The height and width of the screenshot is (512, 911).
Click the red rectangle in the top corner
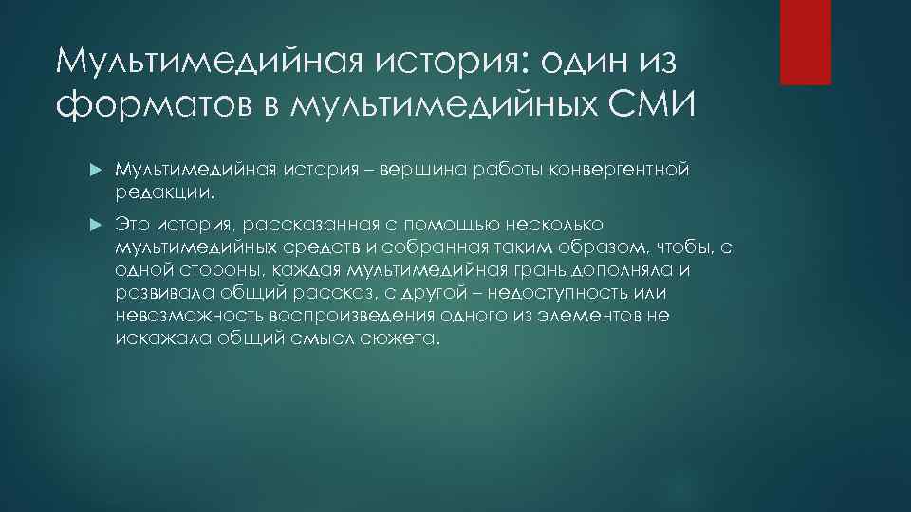(805, 42)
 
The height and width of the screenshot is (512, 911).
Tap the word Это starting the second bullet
(134, 225)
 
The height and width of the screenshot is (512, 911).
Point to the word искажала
(150, 338)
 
